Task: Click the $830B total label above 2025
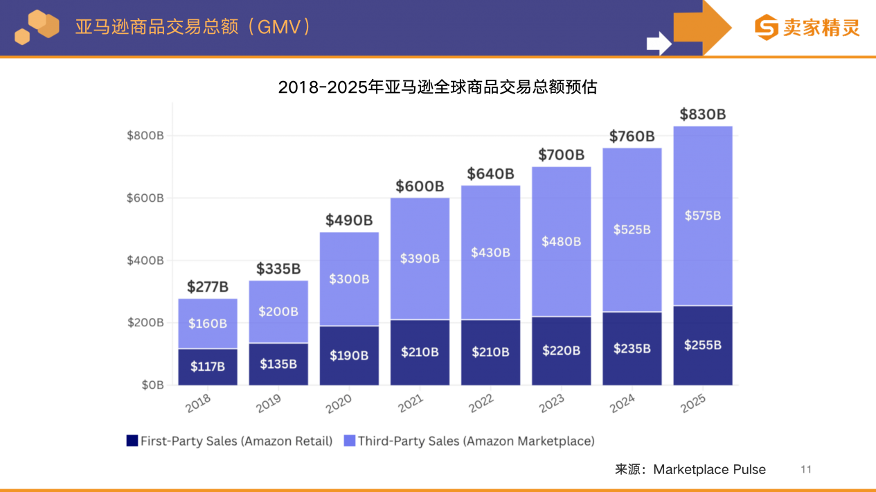click(702, 114)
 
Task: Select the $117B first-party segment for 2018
click(208, 367)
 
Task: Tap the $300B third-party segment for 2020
click(349, 279)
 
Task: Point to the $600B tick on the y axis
click(145, 198)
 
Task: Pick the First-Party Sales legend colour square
click(132, 441)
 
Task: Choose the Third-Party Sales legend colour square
click(349, 441)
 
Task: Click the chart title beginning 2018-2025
click(438, 87)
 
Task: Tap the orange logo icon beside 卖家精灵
click(766, 28)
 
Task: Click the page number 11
click(805, 470)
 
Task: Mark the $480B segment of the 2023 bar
click(562, 241)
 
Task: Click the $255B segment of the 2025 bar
click(702, 344)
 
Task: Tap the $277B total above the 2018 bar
click(208, 286)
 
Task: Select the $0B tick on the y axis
click(150, 385)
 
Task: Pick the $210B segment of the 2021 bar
click(420, 352)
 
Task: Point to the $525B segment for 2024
click(632, 229)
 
